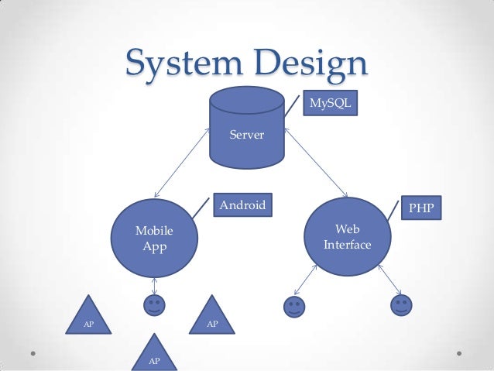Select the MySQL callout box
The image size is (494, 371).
(331, 102)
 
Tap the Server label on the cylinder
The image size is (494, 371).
(247, 136)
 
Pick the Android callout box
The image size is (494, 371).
(242, 205)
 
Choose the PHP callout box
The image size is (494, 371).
(421, 208)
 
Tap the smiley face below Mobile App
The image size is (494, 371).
(154, 304)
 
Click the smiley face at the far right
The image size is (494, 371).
(401, 305)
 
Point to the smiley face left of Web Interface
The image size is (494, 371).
(294, 307)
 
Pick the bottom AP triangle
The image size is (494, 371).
(154, 354)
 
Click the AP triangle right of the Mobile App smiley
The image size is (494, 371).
(211, 317)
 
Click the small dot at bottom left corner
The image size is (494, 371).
(35, 353)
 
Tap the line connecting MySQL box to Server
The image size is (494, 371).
(293, 105)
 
